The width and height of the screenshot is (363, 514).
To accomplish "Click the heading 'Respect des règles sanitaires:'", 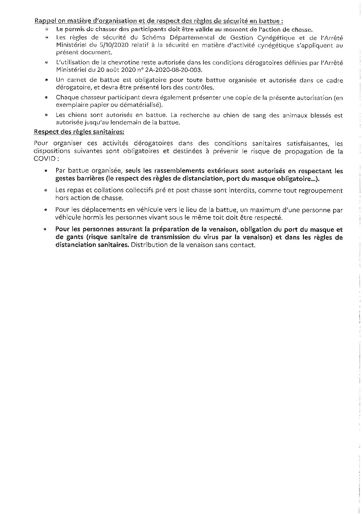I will click(x=79, y=132).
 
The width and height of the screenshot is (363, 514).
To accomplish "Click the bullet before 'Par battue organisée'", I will click(x=46, y=171).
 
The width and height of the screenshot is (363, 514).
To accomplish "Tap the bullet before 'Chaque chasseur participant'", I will click(x=46, y=98).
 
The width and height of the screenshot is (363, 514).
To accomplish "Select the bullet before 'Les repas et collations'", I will click(x=46, y=190).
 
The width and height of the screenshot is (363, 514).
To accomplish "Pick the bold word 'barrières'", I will click(x=89, y=178).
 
